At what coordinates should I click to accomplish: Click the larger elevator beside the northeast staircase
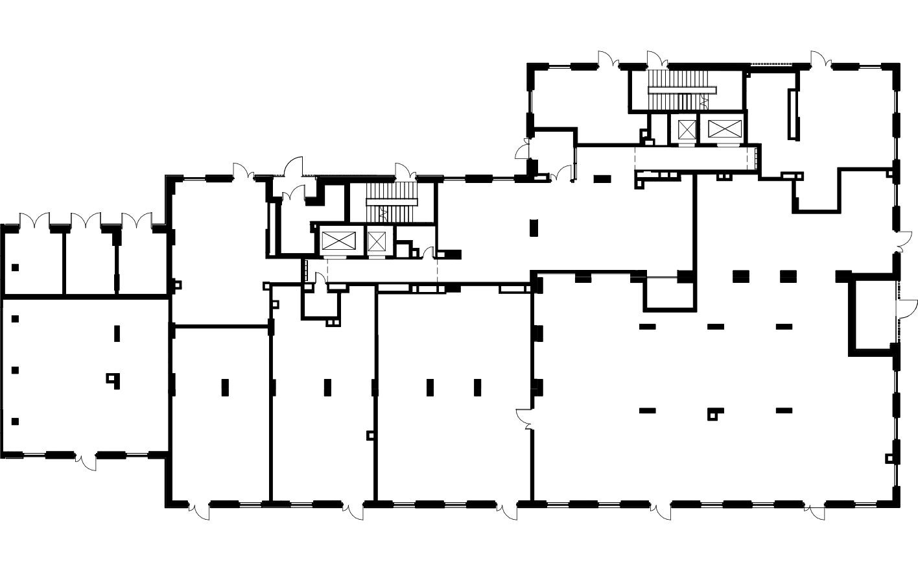(724, 129)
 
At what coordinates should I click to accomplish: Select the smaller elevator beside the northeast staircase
(686, 129)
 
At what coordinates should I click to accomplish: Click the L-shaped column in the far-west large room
(113, 379)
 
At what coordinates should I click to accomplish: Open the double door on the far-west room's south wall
(86, 460)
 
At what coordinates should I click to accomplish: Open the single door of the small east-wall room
(906, 308)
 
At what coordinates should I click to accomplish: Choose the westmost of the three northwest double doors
(34, 221)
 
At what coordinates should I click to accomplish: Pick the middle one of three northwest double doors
(86, 221)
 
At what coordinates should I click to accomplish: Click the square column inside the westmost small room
(15, 267)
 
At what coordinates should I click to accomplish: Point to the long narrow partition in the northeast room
(792, 114)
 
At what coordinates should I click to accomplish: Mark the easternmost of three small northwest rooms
(143, 263)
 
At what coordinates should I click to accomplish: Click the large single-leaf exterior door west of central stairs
(292, 167)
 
